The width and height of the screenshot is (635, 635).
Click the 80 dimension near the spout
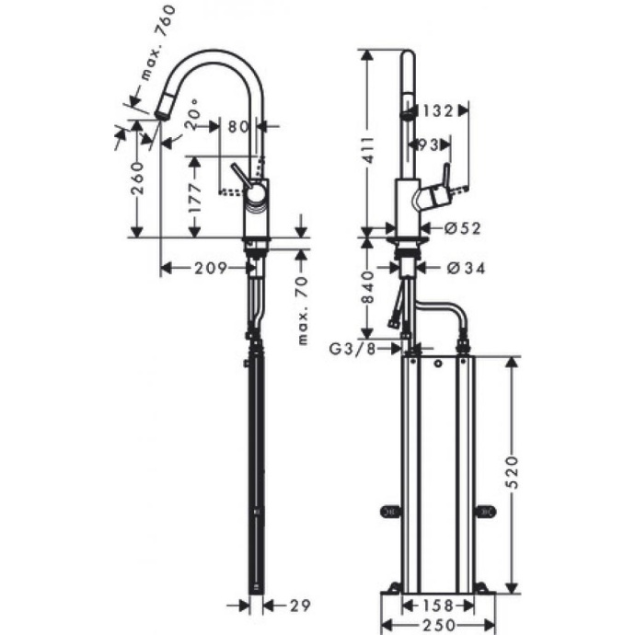point(238,127)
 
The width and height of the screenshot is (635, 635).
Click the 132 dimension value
point(437,111)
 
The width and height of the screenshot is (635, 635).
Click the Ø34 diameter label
point(466,268)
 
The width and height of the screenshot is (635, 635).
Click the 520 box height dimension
point(515,471)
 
